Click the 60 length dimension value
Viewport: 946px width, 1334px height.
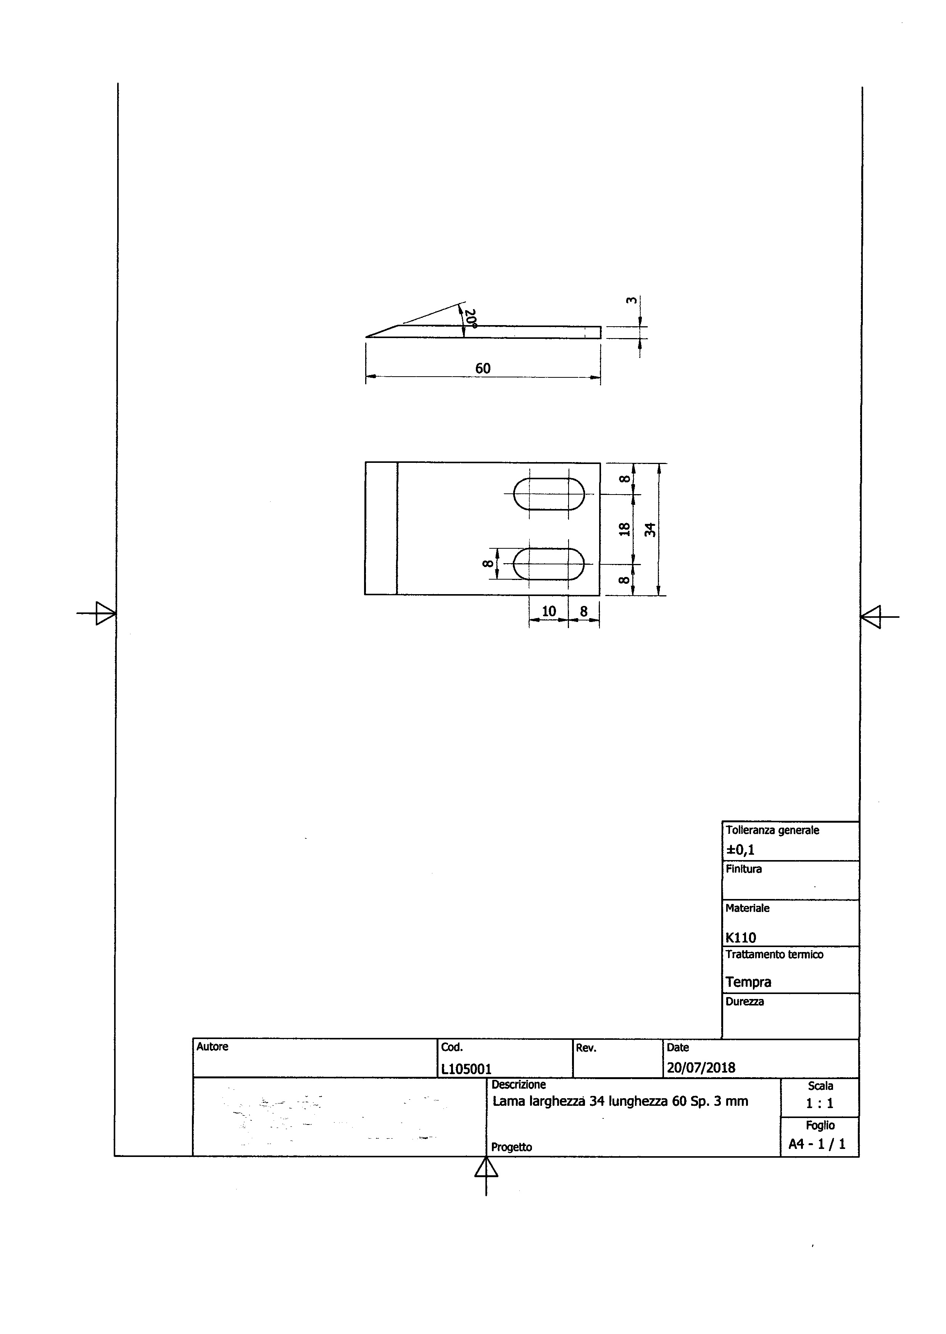tap(483, 368)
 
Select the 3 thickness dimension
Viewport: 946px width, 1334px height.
tap(631, 301)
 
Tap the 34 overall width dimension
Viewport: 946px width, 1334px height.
tap(651, 530)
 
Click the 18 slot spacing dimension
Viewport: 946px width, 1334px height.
tap(624, 529)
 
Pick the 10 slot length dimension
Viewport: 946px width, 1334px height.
tap(549, 611)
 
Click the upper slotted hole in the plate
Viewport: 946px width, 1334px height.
tap(549, 494)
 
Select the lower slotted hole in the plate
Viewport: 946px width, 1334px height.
tap(549, 564)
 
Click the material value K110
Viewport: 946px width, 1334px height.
tap(741, 937)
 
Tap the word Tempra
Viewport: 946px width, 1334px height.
tap(749, 982)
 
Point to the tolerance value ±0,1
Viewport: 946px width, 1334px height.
tap(740, 849)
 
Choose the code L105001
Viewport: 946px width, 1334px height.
tap(467, 1068)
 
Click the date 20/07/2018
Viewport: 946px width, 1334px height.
tap(701, 1067)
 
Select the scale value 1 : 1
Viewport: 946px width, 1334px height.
tap(820, 1103)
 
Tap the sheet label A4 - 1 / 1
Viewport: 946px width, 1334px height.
tap(817, 1144)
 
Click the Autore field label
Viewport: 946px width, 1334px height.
tap(213, 1046)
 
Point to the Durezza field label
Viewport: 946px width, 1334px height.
tap(745, 1001)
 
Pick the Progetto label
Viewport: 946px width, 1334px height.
tap(511, 1147)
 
